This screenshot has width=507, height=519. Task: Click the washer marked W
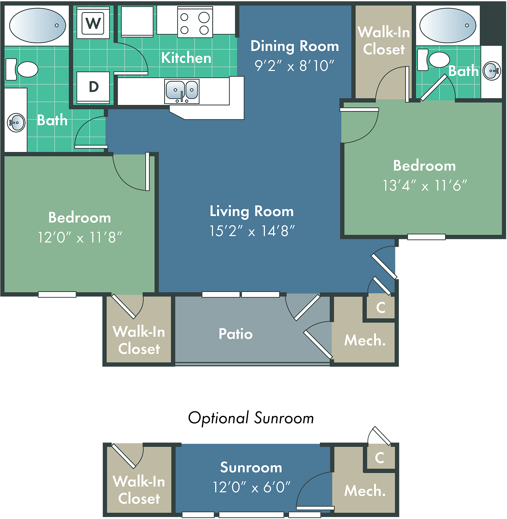pos(93,23)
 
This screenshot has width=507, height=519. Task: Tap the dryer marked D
pos(93,87)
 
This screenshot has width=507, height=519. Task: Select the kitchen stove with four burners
pos(195,22)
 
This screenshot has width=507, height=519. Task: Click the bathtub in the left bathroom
pos(38,25)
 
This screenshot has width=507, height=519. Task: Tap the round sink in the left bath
pos(16,123)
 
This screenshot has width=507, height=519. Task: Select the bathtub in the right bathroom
pos(448,25)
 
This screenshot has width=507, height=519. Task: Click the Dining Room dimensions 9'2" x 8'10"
pos(294,66)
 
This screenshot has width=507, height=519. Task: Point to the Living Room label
pos(252,211)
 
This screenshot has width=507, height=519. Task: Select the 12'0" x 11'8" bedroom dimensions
pos(80,237)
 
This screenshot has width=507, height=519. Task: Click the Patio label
pos(236,334)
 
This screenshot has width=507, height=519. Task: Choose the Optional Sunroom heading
pos(251,418)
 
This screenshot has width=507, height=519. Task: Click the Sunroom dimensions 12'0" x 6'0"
pos(252,487)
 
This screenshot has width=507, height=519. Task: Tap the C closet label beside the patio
pos(381,307)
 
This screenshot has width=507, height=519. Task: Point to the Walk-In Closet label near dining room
pos(384,41)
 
